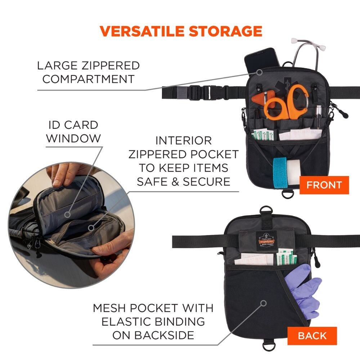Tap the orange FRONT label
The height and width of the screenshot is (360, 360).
[x=324, y=185]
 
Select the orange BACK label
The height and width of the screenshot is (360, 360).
[x=312, y=336]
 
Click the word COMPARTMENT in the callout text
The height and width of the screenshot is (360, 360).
[x=89, y=79]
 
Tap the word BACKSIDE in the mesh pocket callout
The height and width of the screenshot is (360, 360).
[x=153, y=335]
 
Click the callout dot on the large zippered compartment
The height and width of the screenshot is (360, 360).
[x=259, y=72]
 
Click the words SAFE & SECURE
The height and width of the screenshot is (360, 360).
[x=183, y=181]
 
